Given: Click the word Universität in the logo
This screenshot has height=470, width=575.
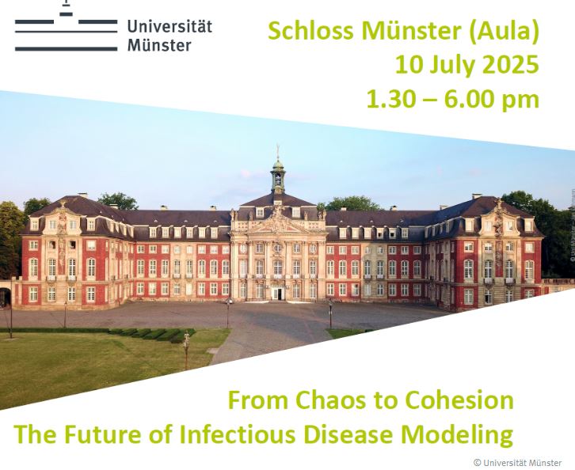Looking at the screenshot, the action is (x=169, y=26).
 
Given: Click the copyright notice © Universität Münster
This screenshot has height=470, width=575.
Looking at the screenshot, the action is (x=517, y=463).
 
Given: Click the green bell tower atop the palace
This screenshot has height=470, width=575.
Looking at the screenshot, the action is (x=278, y=175).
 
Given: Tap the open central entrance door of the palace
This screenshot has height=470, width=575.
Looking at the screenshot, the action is (x=278, y=294).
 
